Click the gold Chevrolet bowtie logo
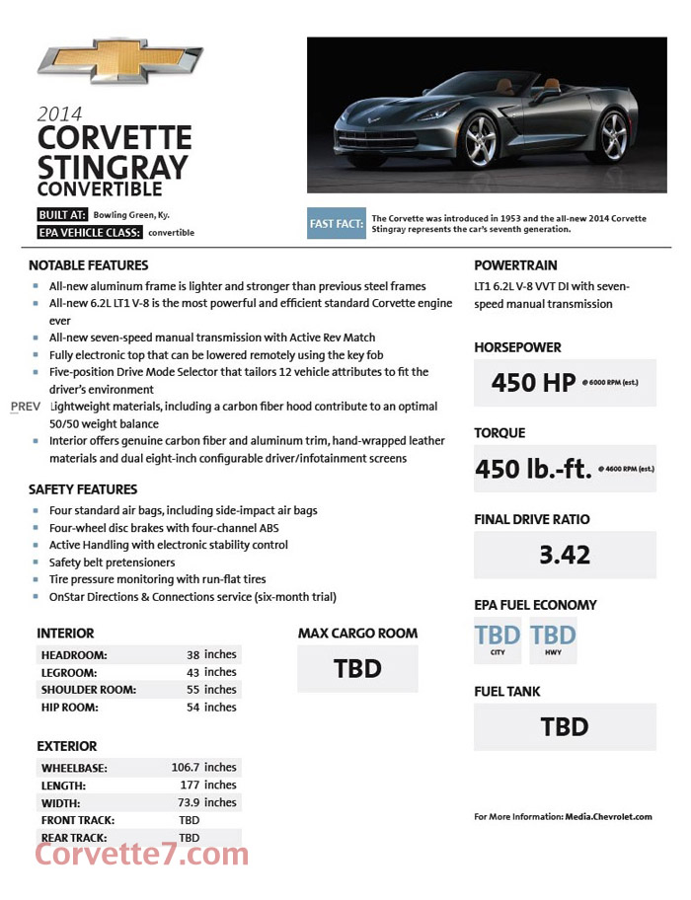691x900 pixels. [x=119, y=61]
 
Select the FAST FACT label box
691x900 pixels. [x=337, y=224]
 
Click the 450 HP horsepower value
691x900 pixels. [x=533, y=383]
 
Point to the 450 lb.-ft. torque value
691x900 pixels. [x=533, y=469]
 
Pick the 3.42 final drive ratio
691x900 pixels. [x=565, y=555]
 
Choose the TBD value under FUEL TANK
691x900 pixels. [x=565, y=727]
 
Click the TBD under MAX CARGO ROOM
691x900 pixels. [x=357, y=669]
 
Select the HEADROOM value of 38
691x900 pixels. [x=193, y=654]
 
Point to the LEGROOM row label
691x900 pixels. [x=69, y=672]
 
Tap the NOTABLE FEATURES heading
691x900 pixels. [x=89, y=265]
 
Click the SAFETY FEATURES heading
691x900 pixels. [x=83, y=489]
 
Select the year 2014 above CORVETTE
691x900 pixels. [x=59, y=114]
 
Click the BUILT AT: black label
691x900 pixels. [x=62, y=214]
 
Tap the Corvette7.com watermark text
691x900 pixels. [x=142, y=855]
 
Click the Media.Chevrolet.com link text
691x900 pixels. [x=609, y=817]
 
